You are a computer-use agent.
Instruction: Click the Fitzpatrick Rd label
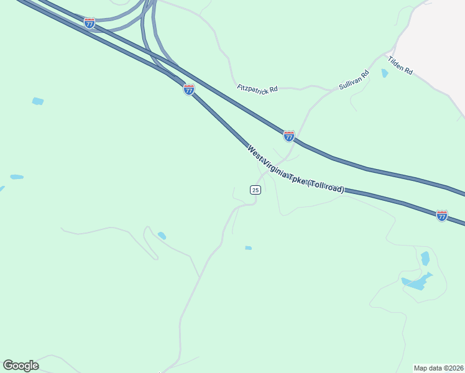coord(257,89)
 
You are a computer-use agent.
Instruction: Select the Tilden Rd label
coord(400,65)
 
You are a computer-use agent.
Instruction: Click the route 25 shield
coord(255,190)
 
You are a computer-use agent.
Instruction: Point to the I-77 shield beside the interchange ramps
coord(90,23)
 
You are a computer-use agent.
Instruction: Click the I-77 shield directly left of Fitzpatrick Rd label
coord(189,90)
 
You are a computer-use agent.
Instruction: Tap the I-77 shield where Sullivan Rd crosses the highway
coord(289,136)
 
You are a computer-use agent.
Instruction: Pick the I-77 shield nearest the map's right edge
coord(442,216)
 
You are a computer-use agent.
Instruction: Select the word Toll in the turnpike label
coord(326,185)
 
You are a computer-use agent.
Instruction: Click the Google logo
coord(21,366)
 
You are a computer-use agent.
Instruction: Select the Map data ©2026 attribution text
coord(439,368)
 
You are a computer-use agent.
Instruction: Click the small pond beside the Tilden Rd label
coord(385,73)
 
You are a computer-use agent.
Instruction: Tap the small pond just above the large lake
coord(425,258)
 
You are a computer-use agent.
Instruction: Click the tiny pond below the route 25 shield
coord(248,248)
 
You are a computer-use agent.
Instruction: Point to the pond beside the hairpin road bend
coord(162,236)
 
